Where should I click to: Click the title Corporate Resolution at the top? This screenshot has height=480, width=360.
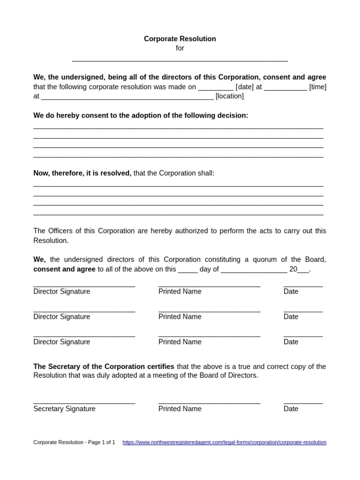(x=180, y=39)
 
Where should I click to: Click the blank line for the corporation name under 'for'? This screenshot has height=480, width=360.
(x=180, y=60)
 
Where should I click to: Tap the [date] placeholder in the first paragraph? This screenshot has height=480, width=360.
(x=245, y=87)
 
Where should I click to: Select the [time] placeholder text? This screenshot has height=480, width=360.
(x=317, y=87)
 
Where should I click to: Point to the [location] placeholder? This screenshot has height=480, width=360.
(x=229, y=96)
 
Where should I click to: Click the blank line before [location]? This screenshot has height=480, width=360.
(x=127, y=98)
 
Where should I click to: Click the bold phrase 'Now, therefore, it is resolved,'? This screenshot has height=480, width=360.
(x=82, y=173)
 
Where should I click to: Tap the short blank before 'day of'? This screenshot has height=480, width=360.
(x=187, y=271)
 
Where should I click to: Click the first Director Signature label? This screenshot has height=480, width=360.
(x=61, y=292)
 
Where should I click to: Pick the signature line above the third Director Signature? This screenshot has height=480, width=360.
(x=84, y=336)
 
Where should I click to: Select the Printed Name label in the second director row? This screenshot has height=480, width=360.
(x=180, y=317)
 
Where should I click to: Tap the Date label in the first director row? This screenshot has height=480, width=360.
(x=291, y=292)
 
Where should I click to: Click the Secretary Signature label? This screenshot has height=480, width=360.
(x=64, y=409)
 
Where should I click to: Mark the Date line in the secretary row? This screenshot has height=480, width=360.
(x=303, y=403)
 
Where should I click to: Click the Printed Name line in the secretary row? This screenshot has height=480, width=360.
(x=209, y=403)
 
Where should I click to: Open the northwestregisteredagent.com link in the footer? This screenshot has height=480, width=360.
(x=224, y=442)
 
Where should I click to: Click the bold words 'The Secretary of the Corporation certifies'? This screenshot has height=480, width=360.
(x=104, y=366)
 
